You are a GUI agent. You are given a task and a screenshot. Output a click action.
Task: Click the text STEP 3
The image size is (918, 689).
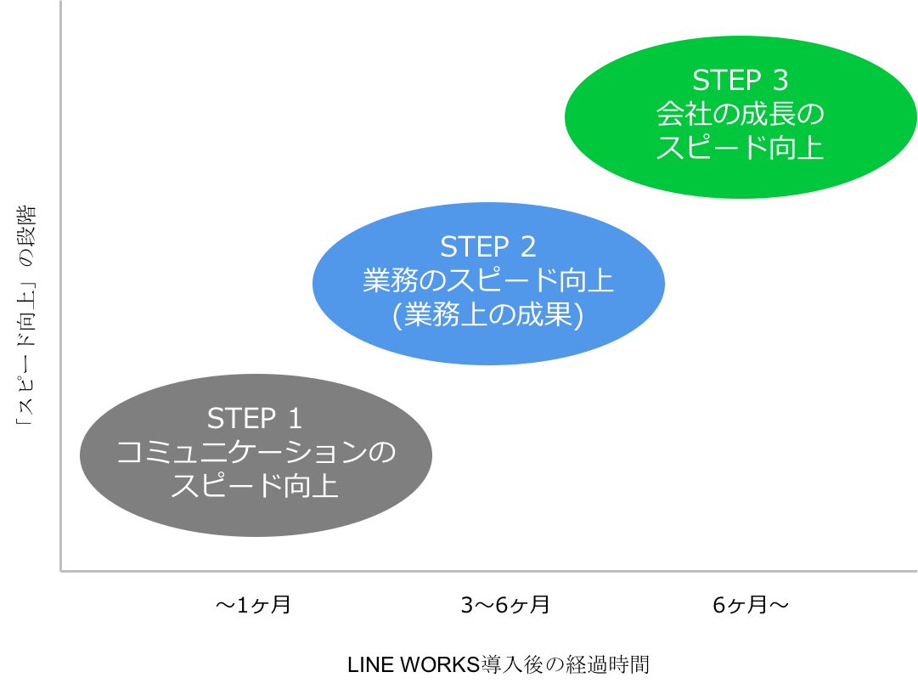[x=740, y=80]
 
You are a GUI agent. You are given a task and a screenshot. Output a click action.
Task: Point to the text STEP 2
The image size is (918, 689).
[x=487, y=246]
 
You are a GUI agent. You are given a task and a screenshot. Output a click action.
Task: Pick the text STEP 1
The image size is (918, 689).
[x=255, y=418]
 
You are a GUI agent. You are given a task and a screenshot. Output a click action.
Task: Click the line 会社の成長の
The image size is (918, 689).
[x=740, y=114]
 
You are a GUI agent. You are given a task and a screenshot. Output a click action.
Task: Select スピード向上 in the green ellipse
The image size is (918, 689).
[x=740, y=148]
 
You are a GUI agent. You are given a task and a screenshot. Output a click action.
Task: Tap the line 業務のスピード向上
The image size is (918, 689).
[x=487, y=280]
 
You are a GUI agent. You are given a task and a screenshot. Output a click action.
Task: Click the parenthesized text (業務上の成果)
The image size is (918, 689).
[x=487, y=315]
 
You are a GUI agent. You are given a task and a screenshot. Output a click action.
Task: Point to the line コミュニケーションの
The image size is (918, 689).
[x=255, y=453]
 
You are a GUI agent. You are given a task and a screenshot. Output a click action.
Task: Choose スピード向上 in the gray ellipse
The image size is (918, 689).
[x=255, y=487]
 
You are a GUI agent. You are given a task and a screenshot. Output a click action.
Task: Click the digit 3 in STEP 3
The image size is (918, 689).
[x=780, y=80]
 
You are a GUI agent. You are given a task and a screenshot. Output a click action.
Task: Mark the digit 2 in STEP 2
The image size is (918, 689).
[x=527, y=246]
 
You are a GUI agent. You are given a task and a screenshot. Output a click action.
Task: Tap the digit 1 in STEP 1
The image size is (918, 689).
[x=294, y=418]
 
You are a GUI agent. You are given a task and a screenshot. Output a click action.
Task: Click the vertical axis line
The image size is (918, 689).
[x=61, y=255]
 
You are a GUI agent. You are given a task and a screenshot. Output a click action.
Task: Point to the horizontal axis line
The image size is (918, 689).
[x=510, y=571]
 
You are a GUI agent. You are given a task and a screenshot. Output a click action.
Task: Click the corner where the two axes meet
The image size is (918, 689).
[x=61, y=571]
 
